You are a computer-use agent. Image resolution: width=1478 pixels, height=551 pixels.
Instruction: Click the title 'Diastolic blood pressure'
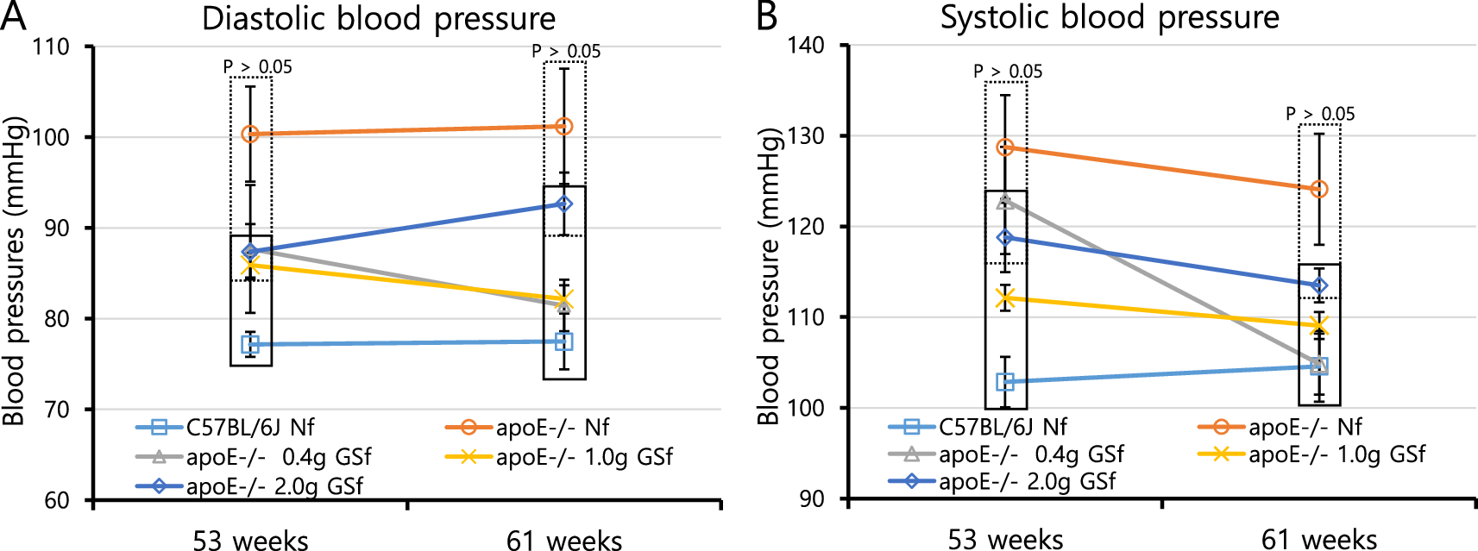point(379,19)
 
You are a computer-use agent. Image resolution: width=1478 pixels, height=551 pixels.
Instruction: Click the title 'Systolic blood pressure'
point(1110,17)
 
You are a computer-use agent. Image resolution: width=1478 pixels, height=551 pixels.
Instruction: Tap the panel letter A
point(13,16)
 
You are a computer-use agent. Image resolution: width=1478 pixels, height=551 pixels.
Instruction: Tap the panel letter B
point(766,16)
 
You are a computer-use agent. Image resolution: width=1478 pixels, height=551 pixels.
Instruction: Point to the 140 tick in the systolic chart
point(806,46)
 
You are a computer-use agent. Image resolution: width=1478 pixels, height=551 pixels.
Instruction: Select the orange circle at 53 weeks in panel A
point(250,135)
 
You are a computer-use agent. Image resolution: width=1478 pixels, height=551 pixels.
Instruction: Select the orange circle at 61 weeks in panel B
point(1319,189)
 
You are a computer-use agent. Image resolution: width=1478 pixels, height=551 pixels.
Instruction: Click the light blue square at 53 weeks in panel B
point(1005,381)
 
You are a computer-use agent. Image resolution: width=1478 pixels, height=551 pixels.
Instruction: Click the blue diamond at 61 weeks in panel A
point(564,204)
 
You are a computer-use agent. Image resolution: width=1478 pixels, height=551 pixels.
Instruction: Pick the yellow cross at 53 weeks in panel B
point(1005,298)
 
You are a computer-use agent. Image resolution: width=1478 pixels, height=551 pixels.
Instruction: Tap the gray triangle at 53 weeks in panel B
point(1005,201)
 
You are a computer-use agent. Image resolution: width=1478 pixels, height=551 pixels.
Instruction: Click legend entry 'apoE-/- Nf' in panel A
point(552,428)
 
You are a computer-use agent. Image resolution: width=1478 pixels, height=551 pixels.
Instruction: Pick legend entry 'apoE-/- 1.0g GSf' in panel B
point(1336,454)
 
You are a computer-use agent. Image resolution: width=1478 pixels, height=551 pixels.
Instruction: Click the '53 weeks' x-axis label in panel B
point(1005,540)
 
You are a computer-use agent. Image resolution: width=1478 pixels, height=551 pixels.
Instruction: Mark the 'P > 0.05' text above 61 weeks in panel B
point(1320,114)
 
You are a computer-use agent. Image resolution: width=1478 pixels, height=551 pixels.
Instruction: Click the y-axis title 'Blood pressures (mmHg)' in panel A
point(14,272)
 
